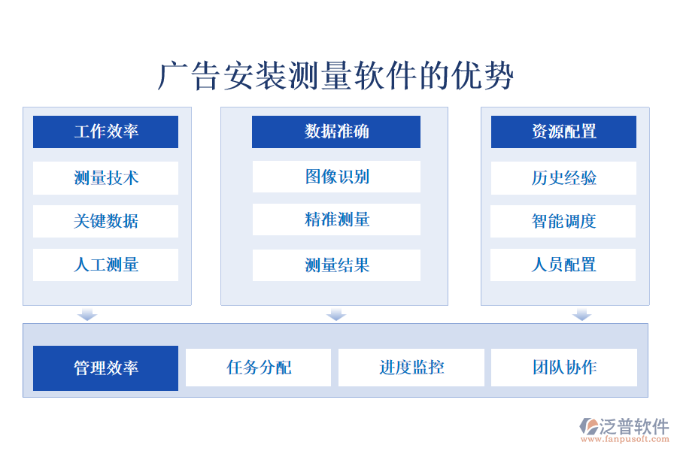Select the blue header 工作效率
click(x=105, y=132)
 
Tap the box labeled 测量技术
click(x=105, y=178)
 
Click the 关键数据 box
click(x=105, y=221)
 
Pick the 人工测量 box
click(x=105, y=265)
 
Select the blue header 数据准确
click(x=335, y=132)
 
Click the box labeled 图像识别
click(x=335, y=177)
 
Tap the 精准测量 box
click(x=335, y=219)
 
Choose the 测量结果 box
click(x=335, y=265)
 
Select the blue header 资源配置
click(x=563, y=132)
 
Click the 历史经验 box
click(x=563, y=178)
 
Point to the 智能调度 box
click(x=563, y=221)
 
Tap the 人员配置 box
click(x=563, y=265)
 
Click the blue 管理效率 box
click(x=105, y=368)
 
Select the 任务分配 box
click(x=258, y=368)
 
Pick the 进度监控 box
click(x=411, y=368)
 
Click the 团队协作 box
click(x=563, y=368)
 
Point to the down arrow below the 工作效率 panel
click(x=87, y=314)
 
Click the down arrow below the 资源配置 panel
click(x=581, y=314)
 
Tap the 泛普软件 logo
click(x=624, y=428)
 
